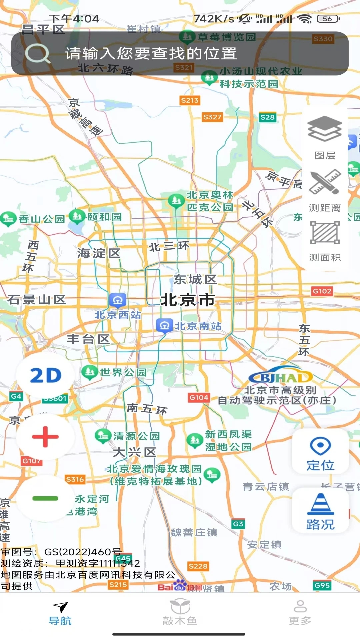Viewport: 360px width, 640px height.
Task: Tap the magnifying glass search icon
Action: (x=37, y=53)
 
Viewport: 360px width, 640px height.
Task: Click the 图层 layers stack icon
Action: (x=324, y=129)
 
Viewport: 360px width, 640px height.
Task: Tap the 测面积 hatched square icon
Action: (x=325, y=233)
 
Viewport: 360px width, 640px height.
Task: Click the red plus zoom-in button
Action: (x=45, y=437)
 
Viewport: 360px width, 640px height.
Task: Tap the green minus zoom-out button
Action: (x=45, y=498)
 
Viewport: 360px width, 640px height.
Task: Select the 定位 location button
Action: (x=320, y=451)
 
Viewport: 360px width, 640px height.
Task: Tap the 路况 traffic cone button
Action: (x=320, y=510)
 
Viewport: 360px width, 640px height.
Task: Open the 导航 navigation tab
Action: (x=60, y=613)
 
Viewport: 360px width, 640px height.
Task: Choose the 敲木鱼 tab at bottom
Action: (x=180, y=613)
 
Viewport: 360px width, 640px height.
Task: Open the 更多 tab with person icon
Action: (x=300, y=613)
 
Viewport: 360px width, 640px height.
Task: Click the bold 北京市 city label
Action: (x=188, y=300)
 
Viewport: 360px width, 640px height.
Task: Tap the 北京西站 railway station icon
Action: (x=117, y=300)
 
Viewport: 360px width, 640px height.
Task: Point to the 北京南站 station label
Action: (x=198, y=326)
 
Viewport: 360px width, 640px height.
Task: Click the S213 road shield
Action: (x=189, y=100)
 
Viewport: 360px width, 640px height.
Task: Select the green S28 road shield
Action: (x=267, y=117)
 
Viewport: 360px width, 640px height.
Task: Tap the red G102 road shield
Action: (x=322, y=291)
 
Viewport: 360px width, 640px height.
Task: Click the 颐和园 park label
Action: (x=104, y=217)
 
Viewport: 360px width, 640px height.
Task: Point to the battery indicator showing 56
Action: (x=328, y=19)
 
